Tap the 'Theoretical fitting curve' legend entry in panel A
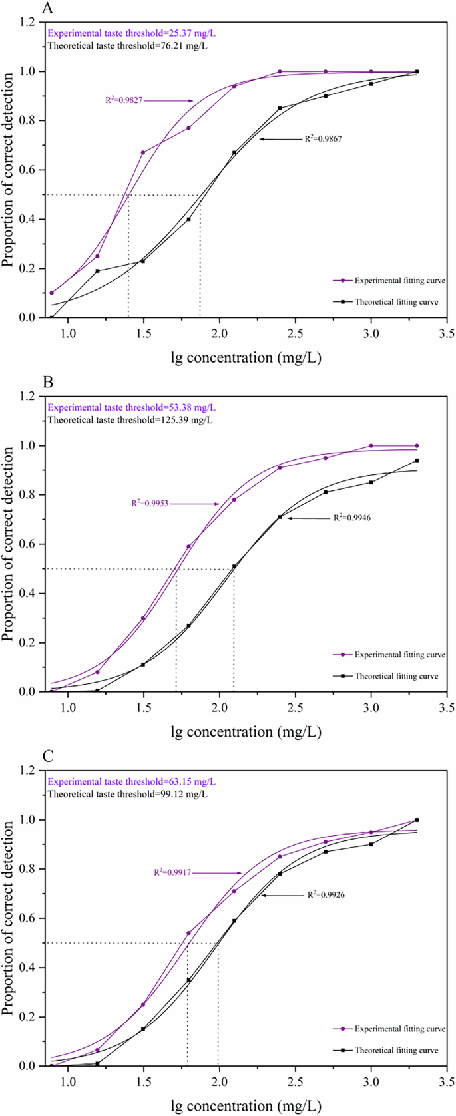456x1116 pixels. tap(396, 302)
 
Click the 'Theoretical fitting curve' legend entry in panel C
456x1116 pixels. tap(396, 1050)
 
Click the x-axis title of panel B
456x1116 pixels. tap(246, 732)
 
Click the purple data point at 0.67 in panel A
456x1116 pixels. tap(143, 153)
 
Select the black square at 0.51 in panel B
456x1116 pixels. tap(234, 566)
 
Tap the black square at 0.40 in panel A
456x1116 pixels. tap(189, 219)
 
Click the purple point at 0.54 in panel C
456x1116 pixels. tap(189, 933)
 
